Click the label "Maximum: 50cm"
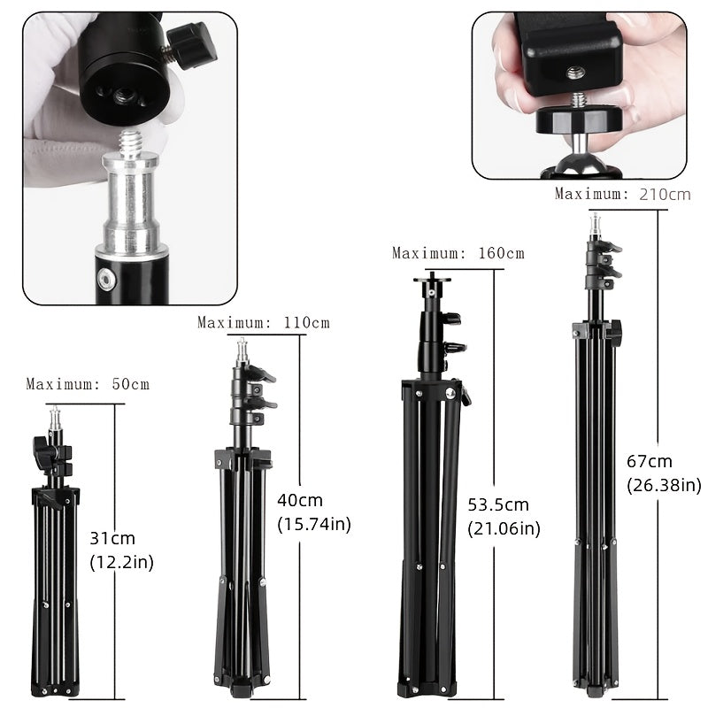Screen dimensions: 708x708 coord(88,384)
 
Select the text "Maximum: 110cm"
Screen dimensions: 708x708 coord(263,322)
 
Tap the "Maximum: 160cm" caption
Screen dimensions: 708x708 coord(458,253)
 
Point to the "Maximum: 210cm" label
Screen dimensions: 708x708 coord(622,194)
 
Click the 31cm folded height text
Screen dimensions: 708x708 coord(112,538)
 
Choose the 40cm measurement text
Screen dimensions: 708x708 coord(300,500)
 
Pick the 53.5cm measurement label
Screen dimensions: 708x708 coord(498,505)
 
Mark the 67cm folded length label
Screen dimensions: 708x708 coord(650,461)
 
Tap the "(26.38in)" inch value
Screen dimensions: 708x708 coord(664,485)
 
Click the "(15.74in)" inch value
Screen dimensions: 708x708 coord(314,524)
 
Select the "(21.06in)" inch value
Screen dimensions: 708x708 coord(504,529)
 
